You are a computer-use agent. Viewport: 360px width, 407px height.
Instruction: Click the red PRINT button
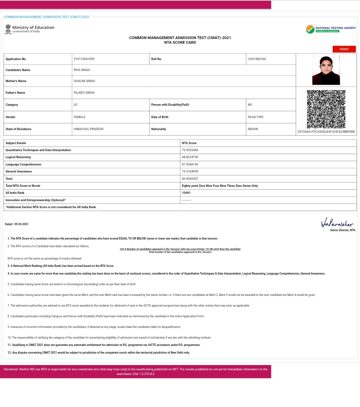[344, 49]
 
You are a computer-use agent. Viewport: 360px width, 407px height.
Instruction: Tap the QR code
[326, 109]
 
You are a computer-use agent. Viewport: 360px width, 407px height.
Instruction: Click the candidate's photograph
[326, 70]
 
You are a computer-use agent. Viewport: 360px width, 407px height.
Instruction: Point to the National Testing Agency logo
[331, 29]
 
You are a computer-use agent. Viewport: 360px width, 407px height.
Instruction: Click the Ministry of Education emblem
[8, 29]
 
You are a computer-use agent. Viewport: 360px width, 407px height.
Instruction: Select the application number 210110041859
[84, 59]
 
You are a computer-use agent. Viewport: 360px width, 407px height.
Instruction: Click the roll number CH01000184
[257, 59]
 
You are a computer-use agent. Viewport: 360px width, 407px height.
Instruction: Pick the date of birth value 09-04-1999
[255, 117]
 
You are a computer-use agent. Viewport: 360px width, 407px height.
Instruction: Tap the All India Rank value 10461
[186, 193]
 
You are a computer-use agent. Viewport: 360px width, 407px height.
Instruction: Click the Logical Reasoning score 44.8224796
[190, 157]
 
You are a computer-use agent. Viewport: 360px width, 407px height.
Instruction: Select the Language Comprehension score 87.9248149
[190, 164]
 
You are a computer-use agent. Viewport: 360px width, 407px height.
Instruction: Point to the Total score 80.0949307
[190, 179]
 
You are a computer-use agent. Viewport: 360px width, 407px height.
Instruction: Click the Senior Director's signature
[337, 223]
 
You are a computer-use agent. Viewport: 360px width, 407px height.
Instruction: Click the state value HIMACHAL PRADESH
[89, 129]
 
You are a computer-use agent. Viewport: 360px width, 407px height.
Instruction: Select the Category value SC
[76, 105]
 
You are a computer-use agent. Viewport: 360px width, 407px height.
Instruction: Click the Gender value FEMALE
[80, 117]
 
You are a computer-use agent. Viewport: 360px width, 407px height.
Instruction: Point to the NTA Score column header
[189, 143]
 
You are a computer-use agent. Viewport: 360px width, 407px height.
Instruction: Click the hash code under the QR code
[326, 132]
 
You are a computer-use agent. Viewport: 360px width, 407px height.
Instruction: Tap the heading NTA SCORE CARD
[180, 42]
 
